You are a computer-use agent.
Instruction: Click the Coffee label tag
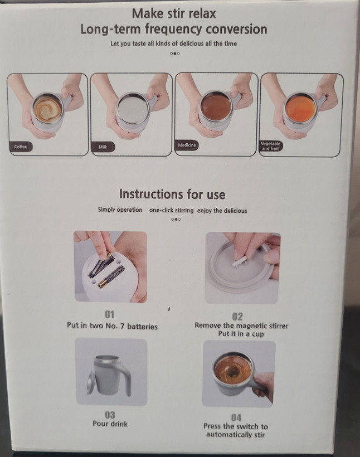(21, 147)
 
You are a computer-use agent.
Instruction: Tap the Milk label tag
(103, 147)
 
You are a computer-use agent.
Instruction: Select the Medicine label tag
(187, 145)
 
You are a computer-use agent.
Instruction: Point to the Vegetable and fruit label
(270, 145)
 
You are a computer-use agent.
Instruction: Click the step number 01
(110, 314)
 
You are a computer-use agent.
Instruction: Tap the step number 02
(237, 317)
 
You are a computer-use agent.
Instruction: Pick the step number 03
(110, 415)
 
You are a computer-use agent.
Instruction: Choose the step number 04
(236, 417)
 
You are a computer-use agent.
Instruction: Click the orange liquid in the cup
(300, 108)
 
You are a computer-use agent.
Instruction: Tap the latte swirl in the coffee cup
(47, 109)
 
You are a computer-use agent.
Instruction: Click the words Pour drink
(110, 424)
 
